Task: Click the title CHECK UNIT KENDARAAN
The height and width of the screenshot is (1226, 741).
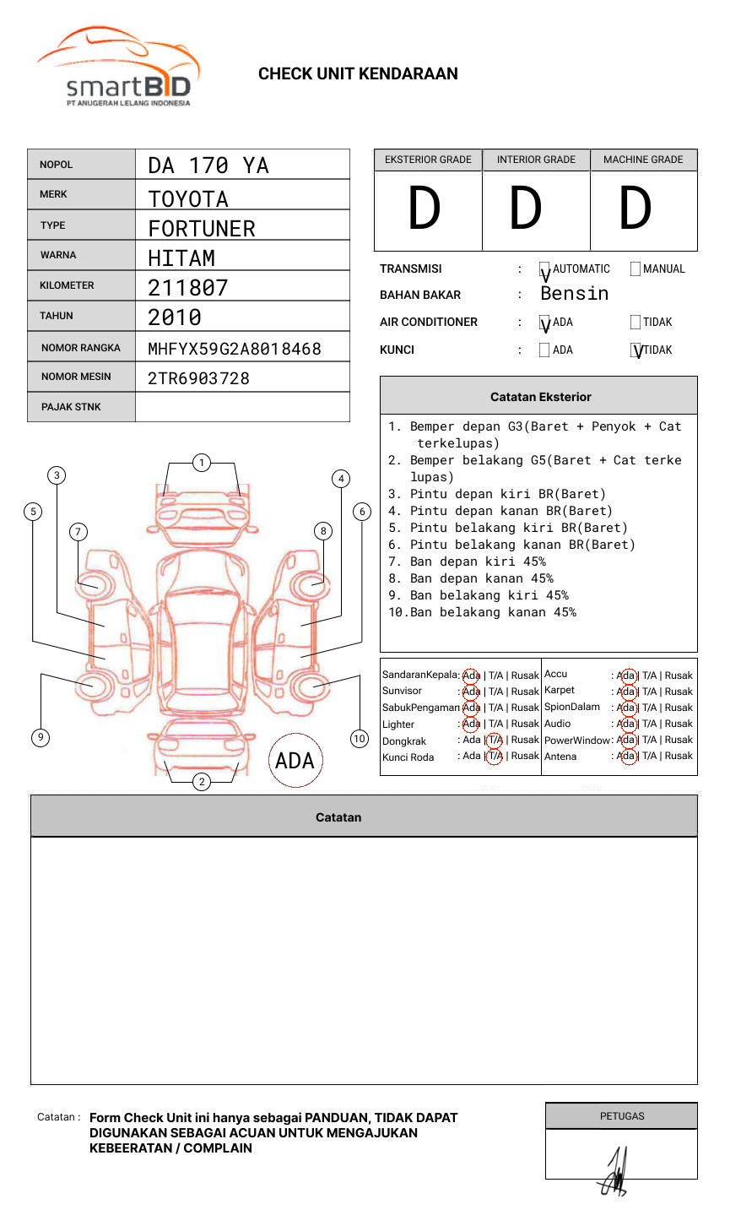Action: click(358, 74)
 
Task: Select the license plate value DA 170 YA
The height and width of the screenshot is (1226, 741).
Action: click(208, 165)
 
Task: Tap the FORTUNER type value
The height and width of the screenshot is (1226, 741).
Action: click(202, 229)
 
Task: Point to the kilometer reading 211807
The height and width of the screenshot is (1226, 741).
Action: click(188, 288)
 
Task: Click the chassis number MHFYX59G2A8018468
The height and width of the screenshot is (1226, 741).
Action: click(235, 349)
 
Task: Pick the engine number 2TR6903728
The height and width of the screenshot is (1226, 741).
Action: click(199, 378)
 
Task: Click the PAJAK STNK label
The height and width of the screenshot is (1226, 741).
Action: click(71, 407)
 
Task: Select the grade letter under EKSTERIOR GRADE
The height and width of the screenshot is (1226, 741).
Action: click(425, 209)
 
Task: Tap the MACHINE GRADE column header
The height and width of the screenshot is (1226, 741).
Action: click(643, 160)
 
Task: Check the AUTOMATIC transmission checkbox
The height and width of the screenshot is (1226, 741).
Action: click(545, 270)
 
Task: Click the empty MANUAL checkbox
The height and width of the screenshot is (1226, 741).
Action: click(636, 269)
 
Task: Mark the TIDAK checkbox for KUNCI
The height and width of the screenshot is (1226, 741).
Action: click(636, 350)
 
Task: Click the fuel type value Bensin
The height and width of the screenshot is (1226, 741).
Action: click(575, 294)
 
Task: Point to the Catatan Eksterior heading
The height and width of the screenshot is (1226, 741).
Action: click(540, 397)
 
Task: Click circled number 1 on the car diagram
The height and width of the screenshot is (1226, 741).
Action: click(202, 462)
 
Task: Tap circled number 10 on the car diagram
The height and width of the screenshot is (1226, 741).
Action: click(360, 739)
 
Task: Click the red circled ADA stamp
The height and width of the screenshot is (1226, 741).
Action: click(295, 761)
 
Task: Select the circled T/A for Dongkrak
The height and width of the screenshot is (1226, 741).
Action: click(495, 740)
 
